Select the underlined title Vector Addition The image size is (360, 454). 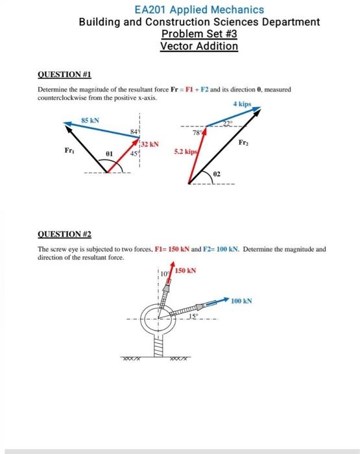(199, 47)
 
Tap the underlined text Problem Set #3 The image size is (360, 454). (199, 34)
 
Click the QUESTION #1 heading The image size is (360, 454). (64, 75)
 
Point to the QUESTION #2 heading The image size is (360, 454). (64, 235)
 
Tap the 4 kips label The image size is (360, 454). (241, 104)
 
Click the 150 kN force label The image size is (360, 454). (187, 269)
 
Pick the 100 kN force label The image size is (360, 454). (241, 302)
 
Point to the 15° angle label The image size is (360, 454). (192, 316)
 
